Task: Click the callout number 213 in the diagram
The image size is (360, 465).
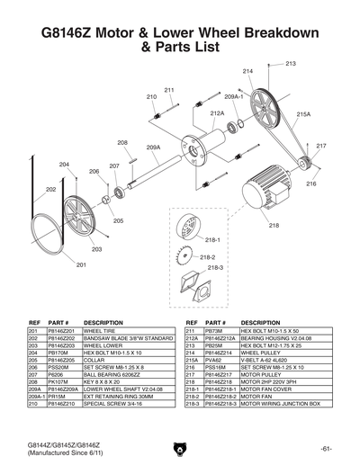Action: coord(291,64)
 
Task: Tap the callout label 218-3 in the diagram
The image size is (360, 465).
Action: coord(215,268)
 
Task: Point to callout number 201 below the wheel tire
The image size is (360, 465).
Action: coord(81,264)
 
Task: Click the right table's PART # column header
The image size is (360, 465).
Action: coord(215,322)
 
